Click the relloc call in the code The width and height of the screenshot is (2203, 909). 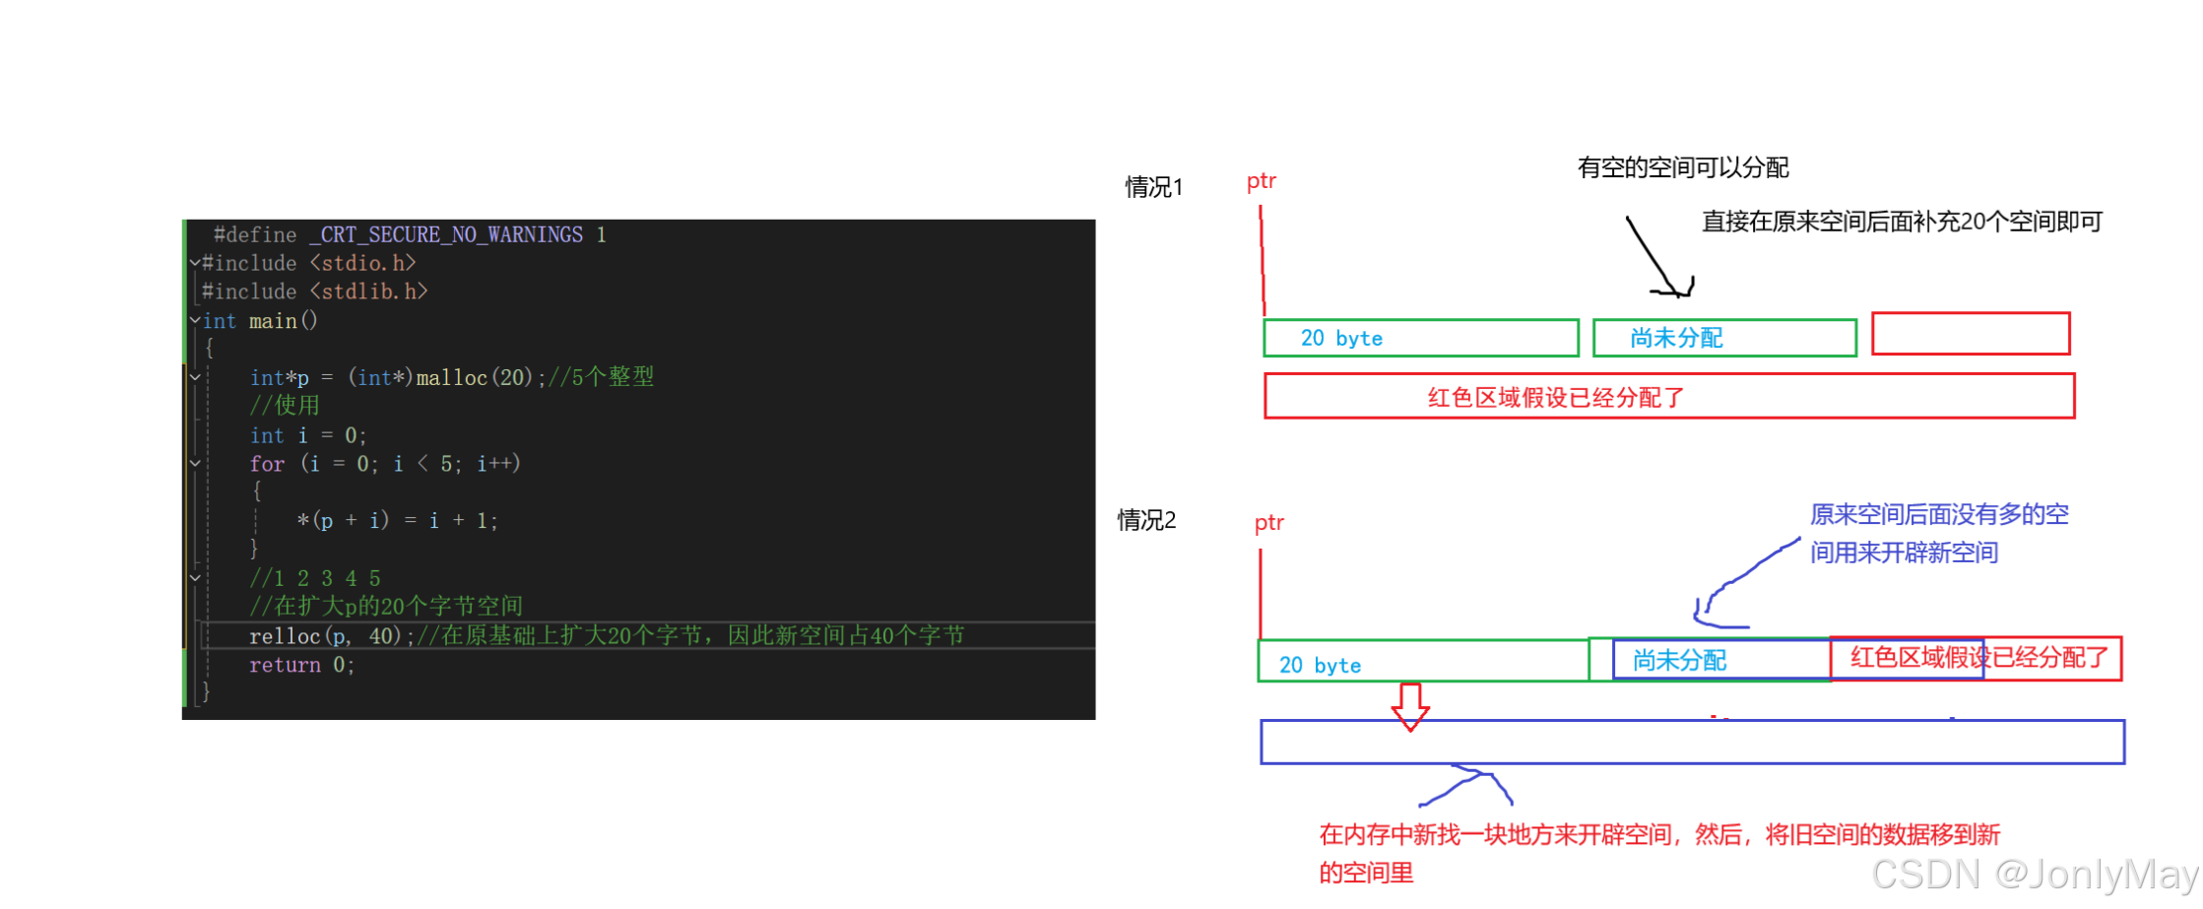[x=285, y=636]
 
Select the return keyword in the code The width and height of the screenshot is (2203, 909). [x=285, y=666]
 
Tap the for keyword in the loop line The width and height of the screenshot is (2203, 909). [x=267, y=464]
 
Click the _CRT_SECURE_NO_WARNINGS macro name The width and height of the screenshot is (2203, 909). [x=446, y=235]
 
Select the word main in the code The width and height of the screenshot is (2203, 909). [x=273, y=322]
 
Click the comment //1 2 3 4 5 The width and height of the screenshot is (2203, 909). [x=315, y=579]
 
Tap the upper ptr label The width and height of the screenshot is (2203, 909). [x=1262, y=181]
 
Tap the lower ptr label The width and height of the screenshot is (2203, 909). [x=1269, y=524]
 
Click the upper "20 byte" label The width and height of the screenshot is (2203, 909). [x=1341, y=339]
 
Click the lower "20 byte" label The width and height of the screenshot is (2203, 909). [x=1320, y=666]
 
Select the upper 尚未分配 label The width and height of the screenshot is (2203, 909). [x=1676, y=339]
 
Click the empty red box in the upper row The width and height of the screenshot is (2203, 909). [x=1971, y=334]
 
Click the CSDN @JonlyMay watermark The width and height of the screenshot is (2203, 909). [x=2033, y=874]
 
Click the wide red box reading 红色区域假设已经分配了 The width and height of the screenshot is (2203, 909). [x=1669, y=396]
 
